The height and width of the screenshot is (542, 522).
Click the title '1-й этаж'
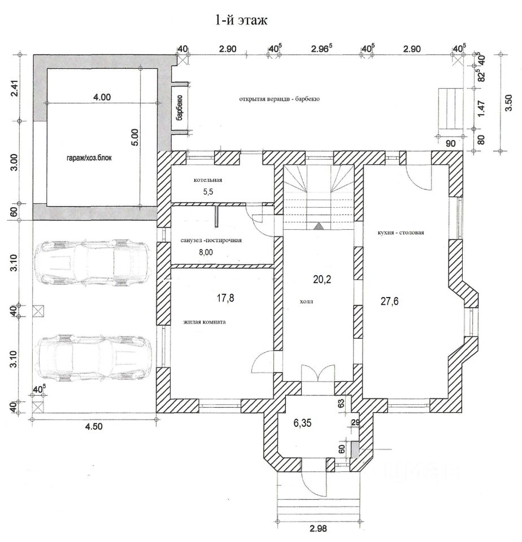pyautogui.click(x=241, y=20)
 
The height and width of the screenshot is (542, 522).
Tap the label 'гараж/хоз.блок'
pyautogui.click(x=89, y=158)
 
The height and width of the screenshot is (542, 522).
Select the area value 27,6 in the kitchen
pyautogui.click(x=389, y=301)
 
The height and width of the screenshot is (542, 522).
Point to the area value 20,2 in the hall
pyautogui.click(x=322, y=279)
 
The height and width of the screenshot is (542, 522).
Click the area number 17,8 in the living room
pyautogui.click(x=225, y=298)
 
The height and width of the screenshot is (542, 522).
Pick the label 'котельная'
pyautogui.click(x=208, y=180)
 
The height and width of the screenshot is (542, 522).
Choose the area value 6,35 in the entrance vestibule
pyautogui.click(x=302, y=422)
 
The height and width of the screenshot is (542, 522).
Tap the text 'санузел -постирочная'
pyautogui.click(x=211, y=241)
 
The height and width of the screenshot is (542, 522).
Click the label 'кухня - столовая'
pyautogui.click(x=401, y=233)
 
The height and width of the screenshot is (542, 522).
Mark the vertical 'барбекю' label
pyautogui.click(x=179, y=107)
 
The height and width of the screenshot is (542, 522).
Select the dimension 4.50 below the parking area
pyautogui.click(x=94, y=426)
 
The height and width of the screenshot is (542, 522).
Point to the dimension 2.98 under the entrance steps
pyautogui.click(x=318, y=528)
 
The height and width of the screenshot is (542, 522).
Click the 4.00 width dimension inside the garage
pyautogui.click(x=102, y=97)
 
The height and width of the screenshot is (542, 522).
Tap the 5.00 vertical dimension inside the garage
pyautogui.click(x=135, y=137)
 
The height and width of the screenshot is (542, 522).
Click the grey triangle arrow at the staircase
pyautogui.click(x=319, y=226)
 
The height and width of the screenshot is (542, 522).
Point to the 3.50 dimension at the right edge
pyautogui.click(x=508, y=103)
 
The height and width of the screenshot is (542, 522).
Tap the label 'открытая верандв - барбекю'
pyautogui.click(x=279, y=99)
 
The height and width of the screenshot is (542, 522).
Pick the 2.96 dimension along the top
pyautogui.click(x=321, y=49)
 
